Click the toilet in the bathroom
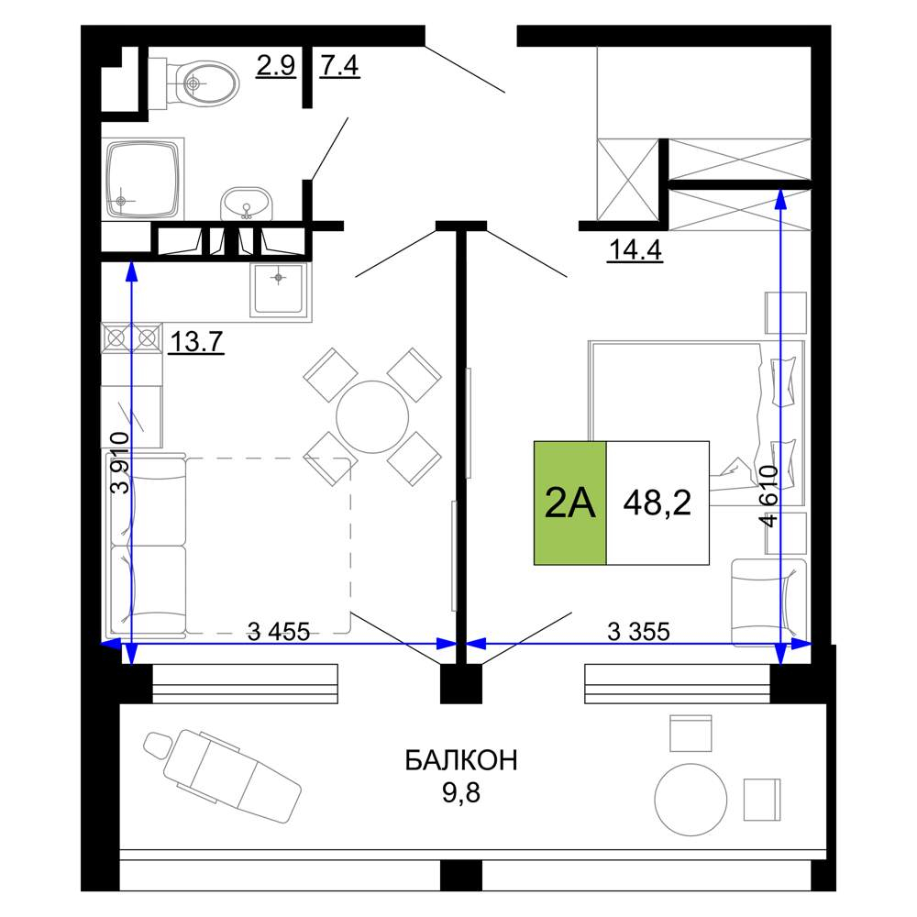(193, 83)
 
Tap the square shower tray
(143, 179)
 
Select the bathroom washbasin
(246, 203)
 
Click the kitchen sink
(280, 290)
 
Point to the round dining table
(372, 417)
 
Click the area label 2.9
(276, 65)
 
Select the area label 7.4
(339, 65)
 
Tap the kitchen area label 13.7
(196, 341)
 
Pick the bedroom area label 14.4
(635, 249)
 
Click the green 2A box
(570, 503)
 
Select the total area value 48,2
(657, 503)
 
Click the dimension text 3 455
(279, 632)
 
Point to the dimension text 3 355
(638, 632)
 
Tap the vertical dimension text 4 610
(769, 496)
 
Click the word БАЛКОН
(461, 761)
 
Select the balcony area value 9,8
(461, 792)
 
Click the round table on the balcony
(691, 800)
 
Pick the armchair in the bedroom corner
(769, 602)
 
